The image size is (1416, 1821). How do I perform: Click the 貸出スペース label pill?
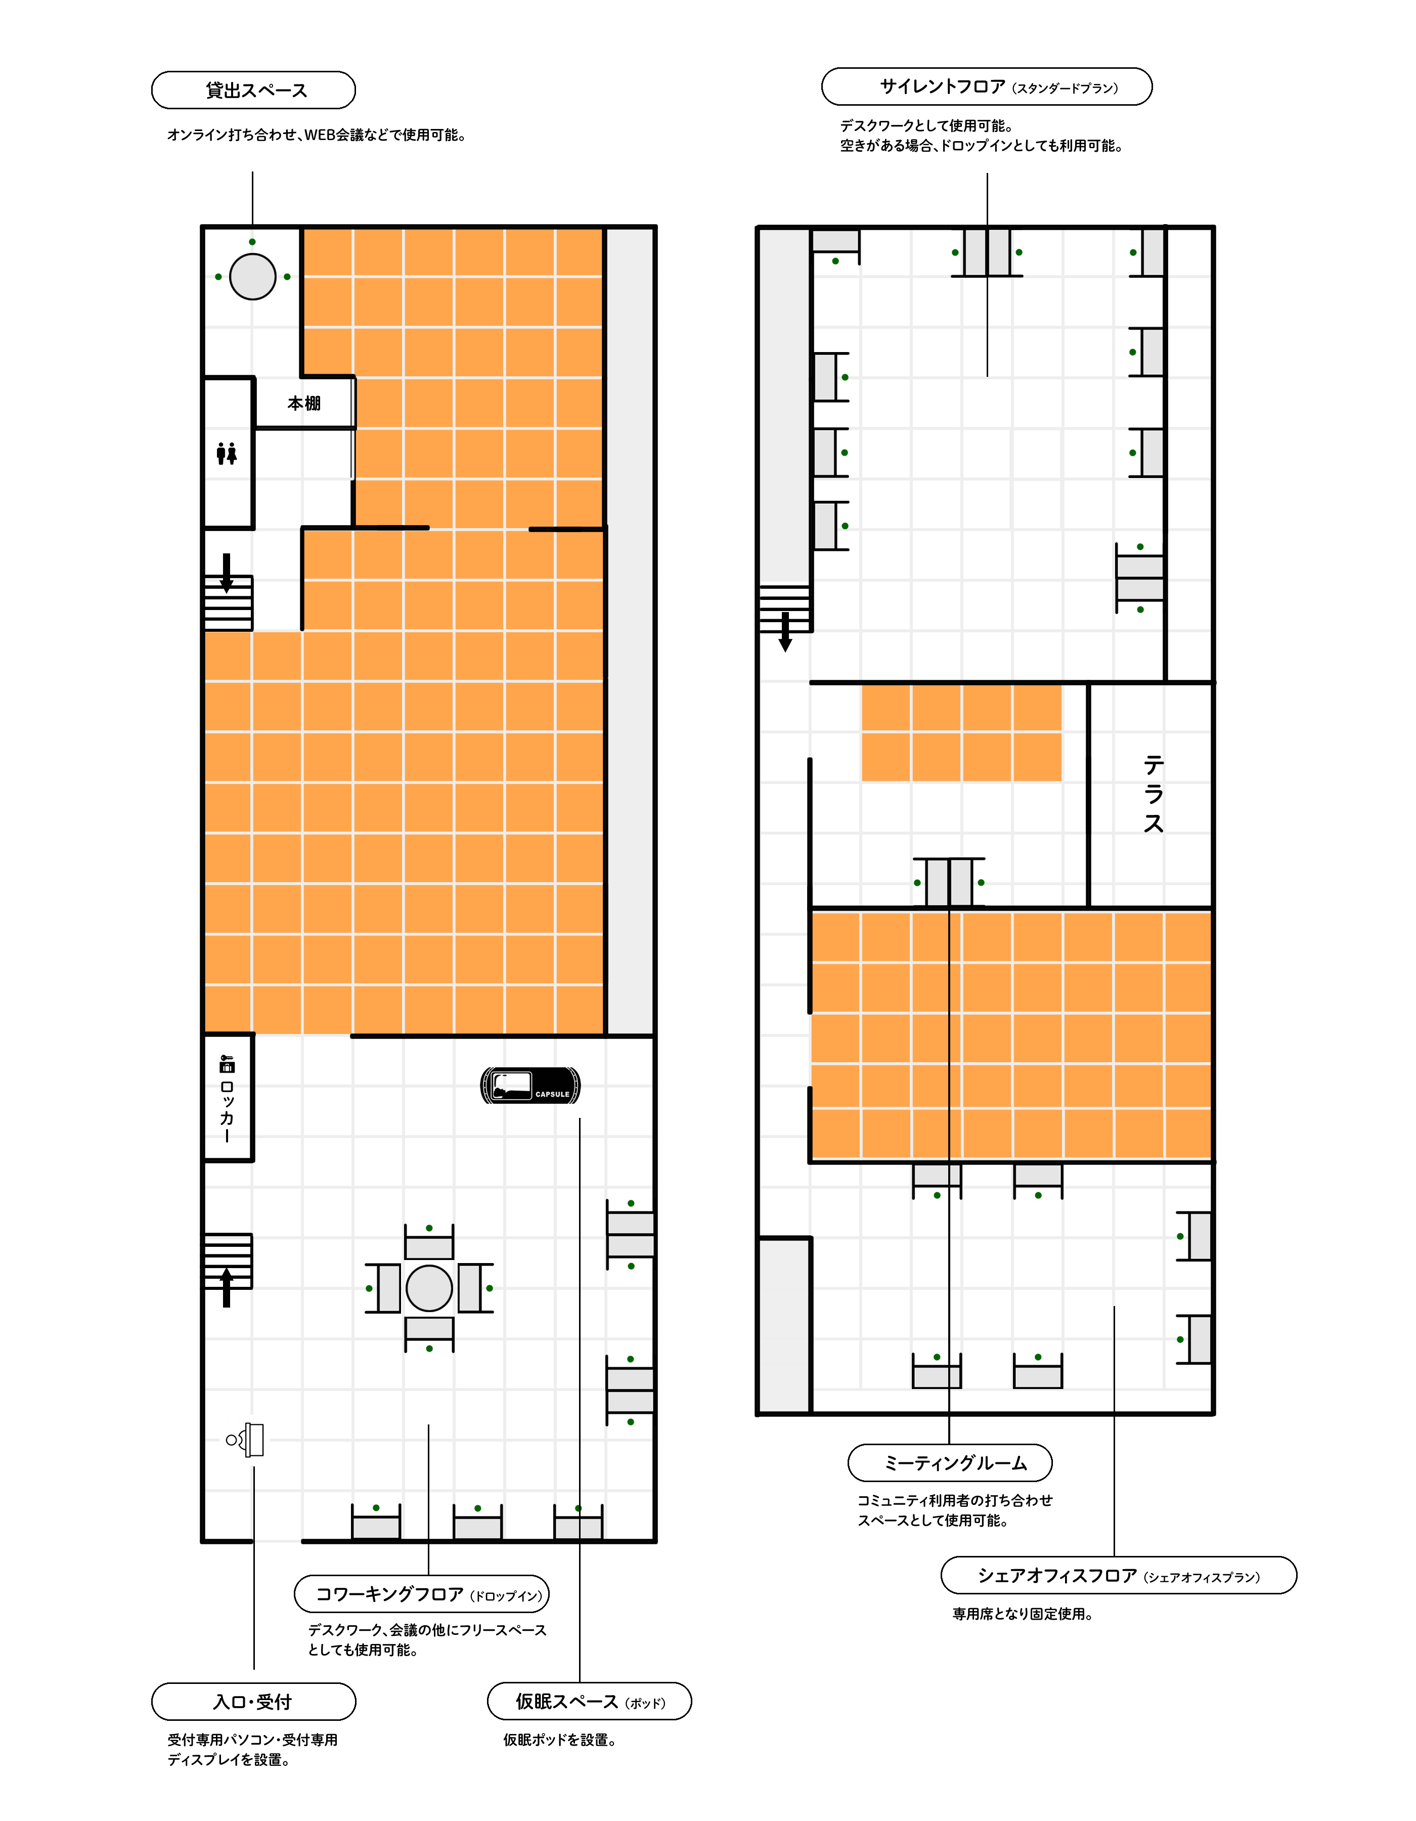[253, 90]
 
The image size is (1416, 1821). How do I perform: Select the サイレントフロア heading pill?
[987, 86]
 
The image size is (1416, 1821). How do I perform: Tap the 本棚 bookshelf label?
[304, 404]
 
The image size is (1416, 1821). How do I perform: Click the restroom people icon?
[227, 454]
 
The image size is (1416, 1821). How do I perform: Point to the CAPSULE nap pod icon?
[531, 1086]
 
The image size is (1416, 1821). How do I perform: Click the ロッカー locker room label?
[227, 1100]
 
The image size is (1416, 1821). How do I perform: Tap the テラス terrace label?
[1154, 794]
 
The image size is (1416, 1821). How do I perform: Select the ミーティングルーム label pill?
[950, 1463]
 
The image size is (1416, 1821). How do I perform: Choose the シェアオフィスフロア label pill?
[1119, 1575]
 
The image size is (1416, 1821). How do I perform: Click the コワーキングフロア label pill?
[422, 1594]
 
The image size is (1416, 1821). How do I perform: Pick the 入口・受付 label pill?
[253, 1702]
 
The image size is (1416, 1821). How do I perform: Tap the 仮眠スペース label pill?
[589, 1701]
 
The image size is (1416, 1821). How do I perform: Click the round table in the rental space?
[252, 276]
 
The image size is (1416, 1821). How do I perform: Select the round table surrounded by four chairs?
[429, 1288]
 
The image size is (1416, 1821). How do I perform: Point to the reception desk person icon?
[245, 1440]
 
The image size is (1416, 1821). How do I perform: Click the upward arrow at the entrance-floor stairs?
[226, 1287]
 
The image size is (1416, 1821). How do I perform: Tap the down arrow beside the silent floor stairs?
[785, 632]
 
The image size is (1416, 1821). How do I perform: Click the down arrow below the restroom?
[226, 573]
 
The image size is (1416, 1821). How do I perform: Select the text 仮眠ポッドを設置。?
[560, 1740]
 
